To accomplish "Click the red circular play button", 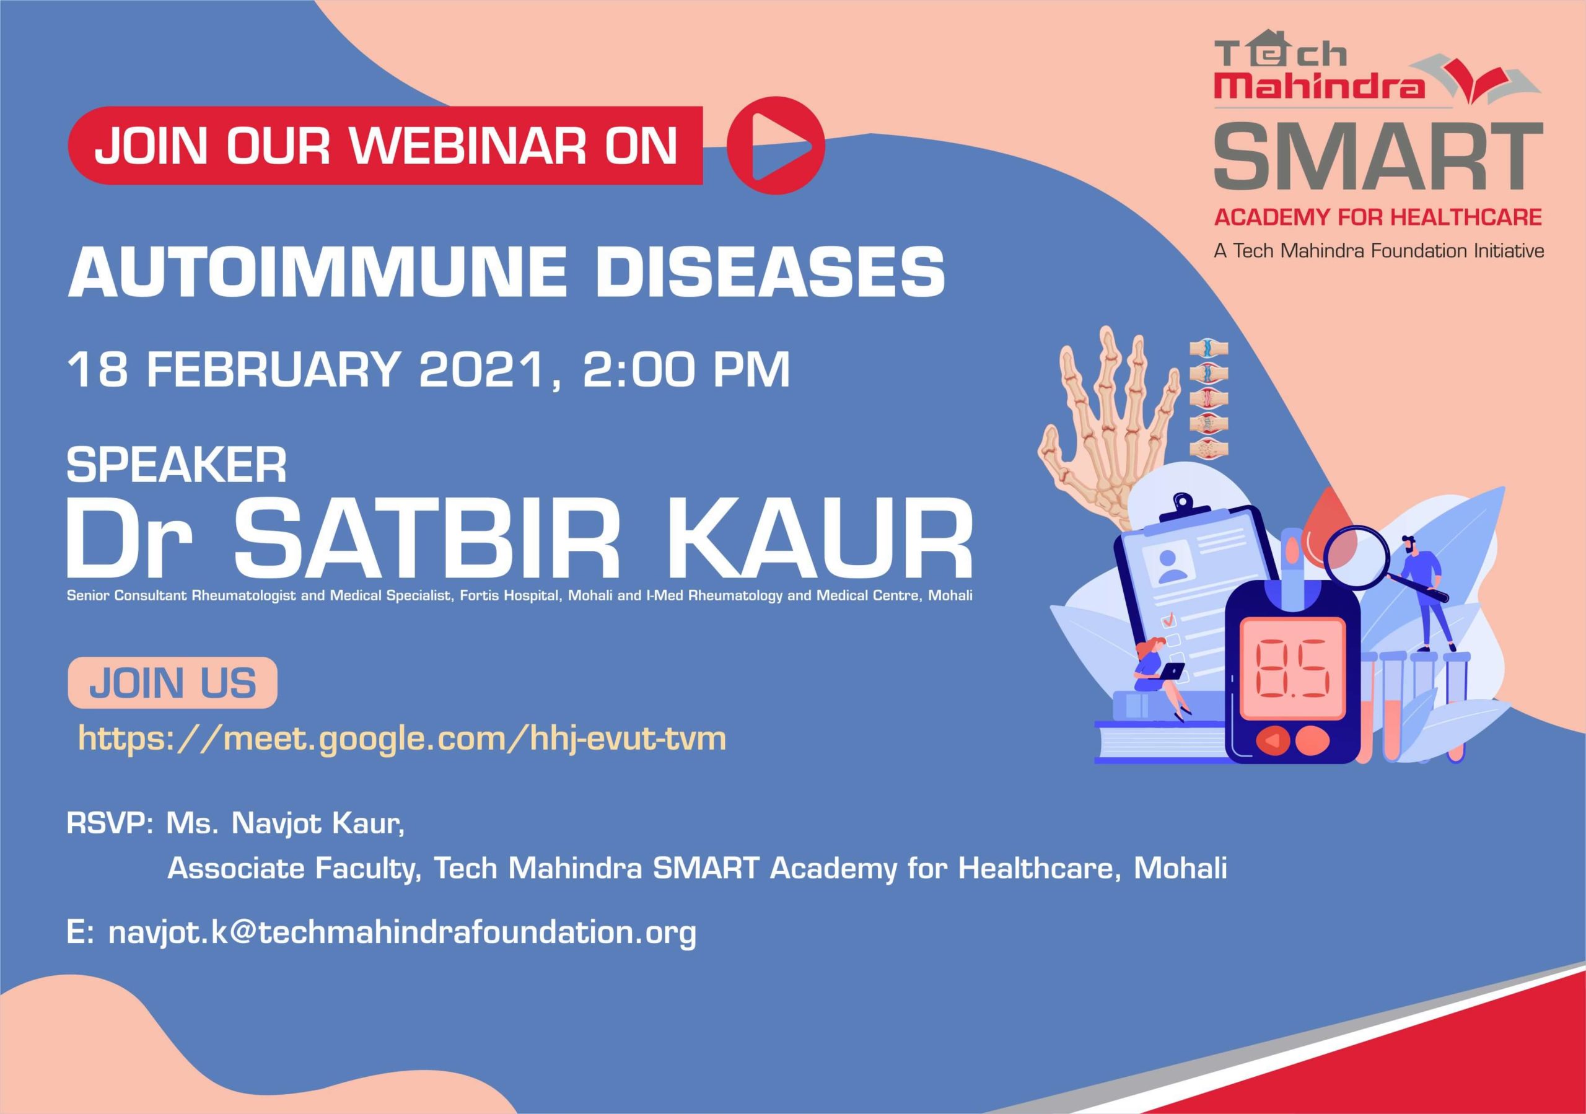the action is click(776, 145).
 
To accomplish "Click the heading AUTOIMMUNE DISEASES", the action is click(506, 271).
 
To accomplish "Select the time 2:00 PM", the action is click(686, 369).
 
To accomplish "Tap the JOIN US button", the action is click(173, 683).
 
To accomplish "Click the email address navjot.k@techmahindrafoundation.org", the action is click(403, 933).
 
